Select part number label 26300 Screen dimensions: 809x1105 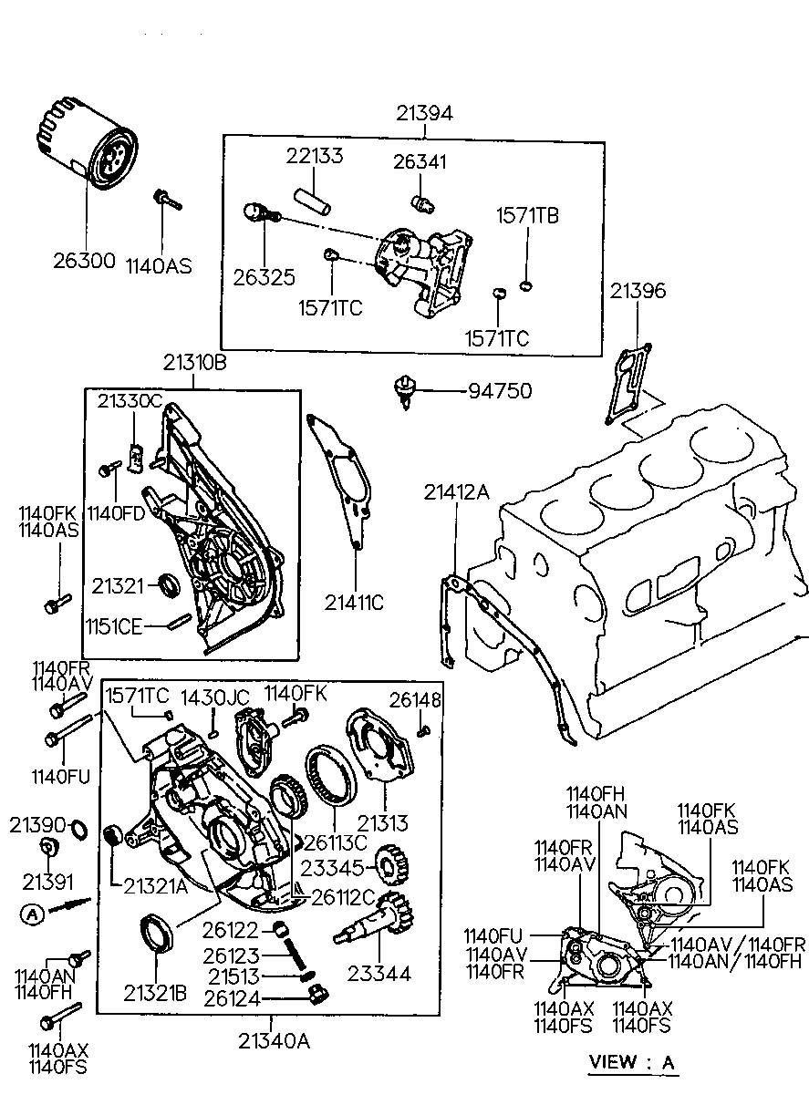click(x=84, y=261)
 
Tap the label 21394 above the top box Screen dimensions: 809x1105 click(x=424, y=113)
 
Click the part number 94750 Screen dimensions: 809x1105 click(x=500, y=391)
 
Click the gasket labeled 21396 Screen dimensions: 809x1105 click(x=628, y=384)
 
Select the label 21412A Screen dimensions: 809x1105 click(x=457, y=491)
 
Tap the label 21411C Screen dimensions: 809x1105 click(x=354, y=603)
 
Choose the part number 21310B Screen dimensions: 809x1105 click(x=194, y=363)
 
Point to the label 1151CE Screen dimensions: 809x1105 click(x=114, y=627)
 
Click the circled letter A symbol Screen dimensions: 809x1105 click(x=33, y=915)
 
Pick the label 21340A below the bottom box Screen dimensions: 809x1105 click(x=274, y=1041)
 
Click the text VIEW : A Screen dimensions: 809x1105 click(x=632, y=1061)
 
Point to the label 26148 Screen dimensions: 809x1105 click(x=415, y=699)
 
